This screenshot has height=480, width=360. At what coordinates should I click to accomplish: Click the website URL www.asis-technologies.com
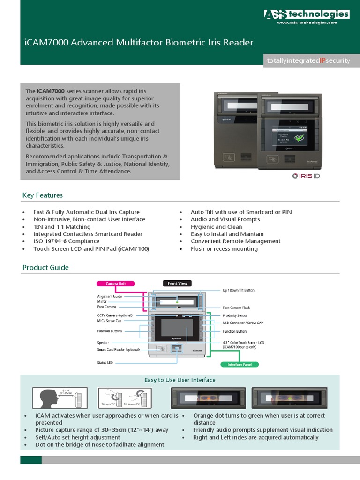click(x=307, y=22)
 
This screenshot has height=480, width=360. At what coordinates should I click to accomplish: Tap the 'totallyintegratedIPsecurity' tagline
click(x=308, y=61)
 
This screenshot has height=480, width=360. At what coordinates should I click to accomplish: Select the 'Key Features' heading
click(x=43, y=195)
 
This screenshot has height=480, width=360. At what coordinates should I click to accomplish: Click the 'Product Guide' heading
click(x=45, y=267)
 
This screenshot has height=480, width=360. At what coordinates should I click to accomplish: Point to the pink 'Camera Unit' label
click(x=115, y=283)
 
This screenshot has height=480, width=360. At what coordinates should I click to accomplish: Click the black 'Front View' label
click(x=177, y=283)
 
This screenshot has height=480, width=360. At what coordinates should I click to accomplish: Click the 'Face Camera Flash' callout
click(x=236, y=307)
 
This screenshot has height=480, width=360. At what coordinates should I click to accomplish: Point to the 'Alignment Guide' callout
click(x=110, y=296)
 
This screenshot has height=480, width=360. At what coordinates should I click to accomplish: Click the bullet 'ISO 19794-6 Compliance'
click(x=66, y=241)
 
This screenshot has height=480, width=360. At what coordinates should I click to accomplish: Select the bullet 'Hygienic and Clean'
click(x=216, y=226)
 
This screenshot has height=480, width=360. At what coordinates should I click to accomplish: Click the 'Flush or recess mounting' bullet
click(x=224, y=248)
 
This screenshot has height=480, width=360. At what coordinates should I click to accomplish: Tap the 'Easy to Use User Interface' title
click(x=180, y=380)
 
